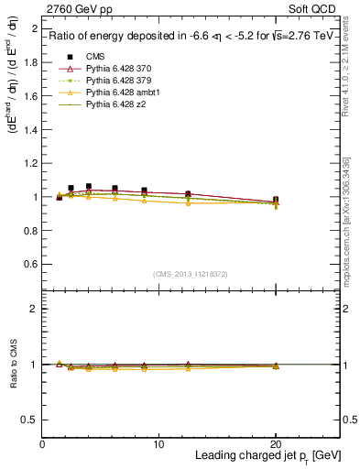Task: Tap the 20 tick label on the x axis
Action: point(276,444)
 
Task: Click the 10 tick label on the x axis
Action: point(158,444)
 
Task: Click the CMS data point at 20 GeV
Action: point(276,200)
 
